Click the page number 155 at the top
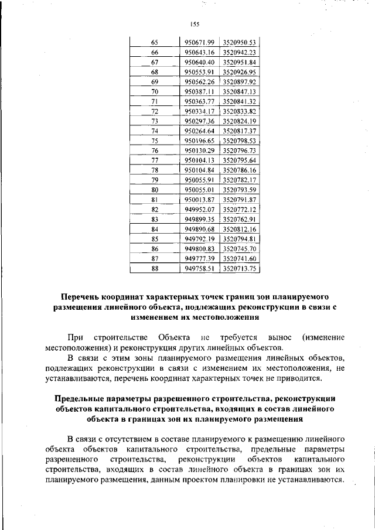195,24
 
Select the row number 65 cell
155,43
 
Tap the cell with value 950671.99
199,43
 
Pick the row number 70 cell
155,92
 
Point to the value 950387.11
199,92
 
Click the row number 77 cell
155,160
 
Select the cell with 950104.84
199,170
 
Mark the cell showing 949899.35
199,219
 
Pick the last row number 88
155,268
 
